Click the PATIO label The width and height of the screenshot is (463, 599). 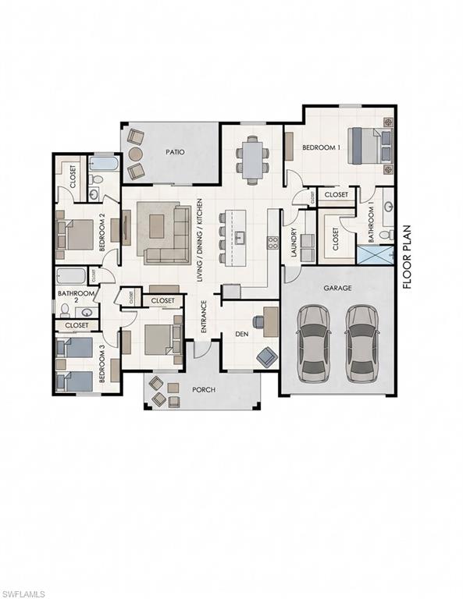(x=174, y=152)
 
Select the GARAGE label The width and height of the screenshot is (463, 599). (x=338, y=288)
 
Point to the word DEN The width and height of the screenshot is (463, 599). (x=242, y=333)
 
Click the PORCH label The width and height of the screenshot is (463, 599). (x=204, y=389)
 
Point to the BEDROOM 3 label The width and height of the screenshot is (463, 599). (x=102, y=365)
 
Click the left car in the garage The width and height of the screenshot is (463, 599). (x=313, y=342)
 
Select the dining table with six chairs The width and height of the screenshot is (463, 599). (x=252, y=159)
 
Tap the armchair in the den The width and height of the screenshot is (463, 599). (x=266, y=356)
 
